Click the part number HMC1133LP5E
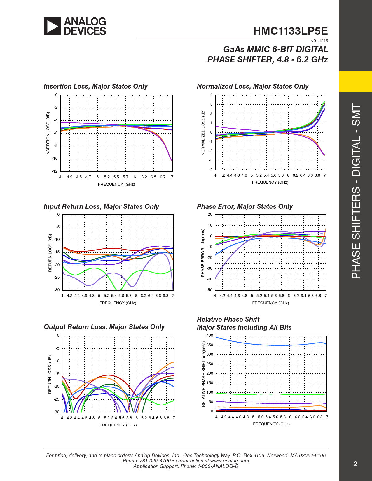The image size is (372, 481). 290,31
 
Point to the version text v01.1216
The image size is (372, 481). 319,41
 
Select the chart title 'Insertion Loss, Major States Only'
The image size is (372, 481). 95,87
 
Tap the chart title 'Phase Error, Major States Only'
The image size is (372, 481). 244,207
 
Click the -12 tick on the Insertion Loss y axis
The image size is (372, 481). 55,171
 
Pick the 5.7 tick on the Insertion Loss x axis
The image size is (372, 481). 125,177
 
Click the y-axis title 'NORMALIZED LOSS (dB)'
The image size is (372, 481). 203,132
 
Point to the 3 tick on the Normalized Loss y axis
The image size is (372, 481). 212,104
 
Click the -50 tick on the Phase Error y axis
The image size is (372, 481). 209,290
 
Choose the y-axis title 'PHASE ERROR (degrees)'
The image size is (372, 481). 203,253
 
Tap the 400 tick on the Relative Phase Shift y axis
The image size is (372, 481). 210,336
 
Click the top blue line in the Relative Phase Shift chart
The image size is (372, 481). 271,345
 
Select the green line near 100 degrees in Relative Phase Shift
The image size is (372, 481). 271,395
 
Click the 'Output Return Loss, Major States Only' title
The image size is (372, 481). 104,327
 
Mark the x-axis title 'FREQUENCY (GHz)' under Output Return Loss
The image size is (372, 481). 118,425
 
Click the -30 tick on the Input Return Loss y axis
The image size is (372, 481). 57,290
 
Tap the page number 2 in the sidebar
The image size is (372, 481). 355,464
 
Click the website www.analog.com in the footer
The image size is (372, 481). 229,461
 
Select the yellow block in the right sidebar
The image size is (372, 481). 355,81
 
